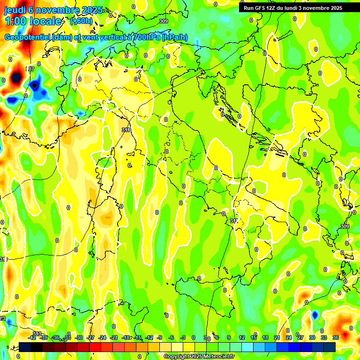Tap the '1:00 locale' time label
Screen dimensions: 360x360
[x=33, y=21]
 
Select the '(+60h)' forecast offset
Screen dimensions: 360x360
[x=81, y=21]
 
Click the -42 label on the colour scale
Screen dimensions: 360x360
[x=32, y=337]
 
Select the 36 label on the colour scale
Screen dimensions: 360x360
[x=336, y=337]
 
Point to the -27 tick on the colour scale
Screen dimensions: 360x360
[x=91, y=337]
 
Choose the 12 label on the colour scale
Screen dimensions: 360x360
[x=242, y=337]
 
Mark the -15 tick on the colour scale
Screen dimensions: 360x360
[x=138, y=337]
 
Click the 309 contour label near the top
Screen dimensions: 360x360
[x=163, y=22]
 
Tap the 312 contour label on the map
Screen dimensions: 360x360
[x=234, y=220]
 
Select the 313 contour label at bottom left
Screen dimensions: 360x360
[x=37, y=333]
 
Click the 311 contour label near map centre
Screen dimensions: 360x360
[x=126, y=130]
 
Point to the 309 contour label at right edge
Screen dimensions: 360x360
[x=345, y=226]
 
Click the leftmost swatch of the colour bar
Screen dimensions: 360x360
[x=25, y=347]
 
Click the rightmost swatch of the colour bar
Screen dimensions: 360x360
[x=330, y=347]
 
